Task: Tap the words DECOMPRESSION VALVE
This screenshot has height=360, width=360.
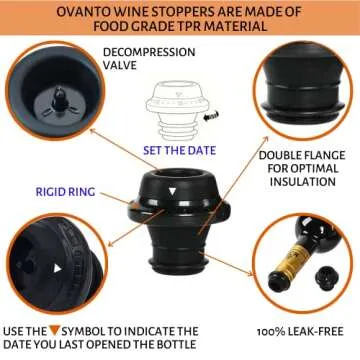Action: tap(149, 58)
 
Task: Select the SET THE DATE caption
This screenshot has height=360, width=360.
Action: tap(179, 150)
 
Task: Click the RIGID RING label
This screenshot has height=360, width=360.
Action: tap(65, 192)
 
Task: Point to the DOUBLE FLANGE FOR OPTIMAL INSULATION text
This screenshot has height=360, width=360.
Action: tap(302, 168)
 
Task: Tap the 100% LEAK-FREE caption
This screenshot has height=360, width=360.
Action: tap(300, 332)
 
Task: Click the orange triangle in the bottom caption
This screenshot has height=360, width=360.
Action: tap(54, 331)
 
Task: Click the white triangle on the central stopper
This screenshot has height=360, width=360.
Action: tap(172, 191)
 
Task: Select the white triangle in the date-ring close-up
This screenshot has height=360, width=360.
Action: tap(57, 268)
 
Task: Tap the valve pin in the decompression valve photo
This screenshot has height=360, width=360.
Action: tap(60, 99)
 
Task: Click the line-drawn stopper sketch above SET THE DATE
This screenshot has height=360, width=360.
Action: tap(177, 110)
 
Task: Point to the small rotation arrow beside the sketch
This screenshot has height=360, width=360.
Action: tap(211, 117)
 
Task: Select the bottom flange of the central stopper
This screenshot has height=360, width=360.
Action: tap(176, 267)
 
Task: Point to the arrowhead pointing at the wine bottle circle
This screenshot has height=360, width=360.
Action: tap(250, 273)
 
